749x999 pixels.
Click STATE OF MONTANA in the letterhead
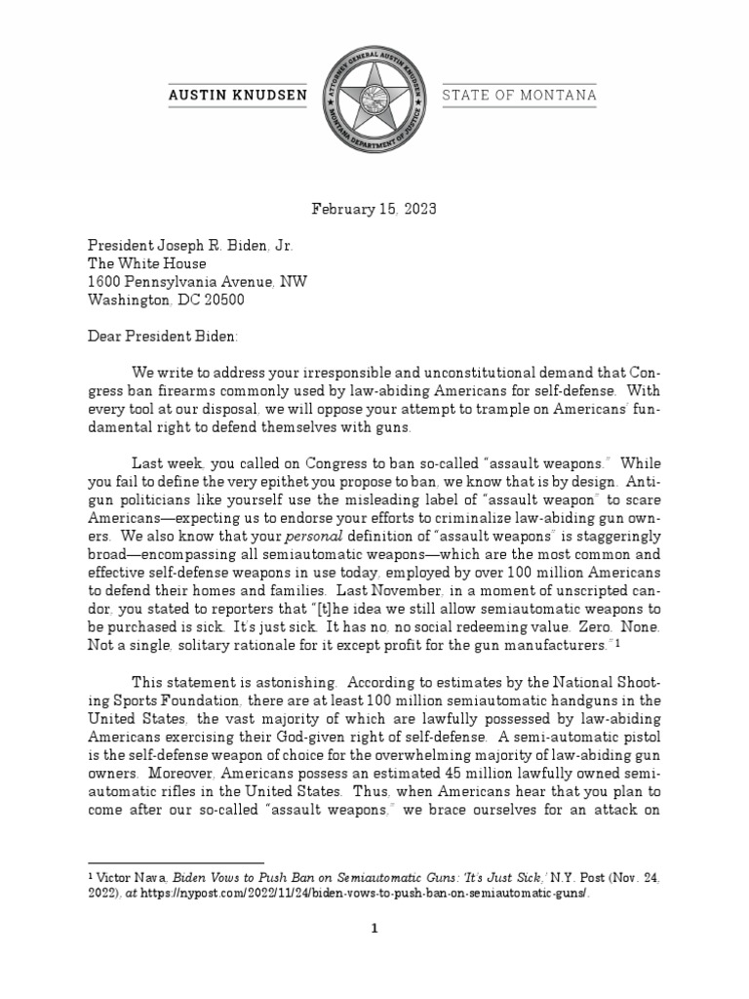520,96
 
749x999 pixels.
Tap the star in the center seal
374,94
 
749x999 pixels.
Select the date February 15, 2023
374,209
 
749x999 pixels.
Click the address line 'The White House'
147,263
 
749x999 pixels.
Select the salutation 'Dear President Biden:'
157,337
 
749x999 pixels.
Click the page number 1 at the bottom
374,958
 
